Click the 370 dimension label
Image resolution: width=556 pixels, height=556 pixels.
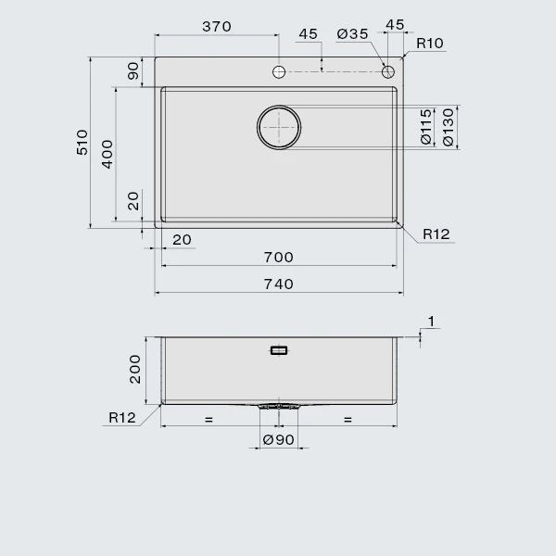click(217, 27)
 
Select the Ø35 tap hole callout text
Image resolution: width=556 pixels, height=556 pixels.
click(352, 34)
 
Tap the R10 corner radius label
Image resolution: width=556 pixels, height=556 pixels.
click(430, 44)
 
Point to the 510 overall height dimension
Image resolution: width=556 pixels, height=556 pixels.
click(82, 142)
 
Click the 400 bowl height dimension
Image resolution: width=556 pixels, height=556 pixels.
click(107, 154)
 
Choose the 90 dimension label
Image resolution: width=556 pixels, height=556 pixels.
click(133, 71)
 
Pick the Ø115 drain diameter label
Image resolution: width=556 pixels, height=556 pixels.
click(426, 127)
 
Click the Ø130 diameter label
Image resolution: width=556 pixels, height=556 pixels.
click(449, 127)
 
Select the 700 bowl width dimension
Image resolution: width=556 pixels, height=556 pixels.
click(278, 258)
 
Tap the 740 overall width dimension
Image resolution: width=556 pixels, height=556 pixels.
click(278, 284)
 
